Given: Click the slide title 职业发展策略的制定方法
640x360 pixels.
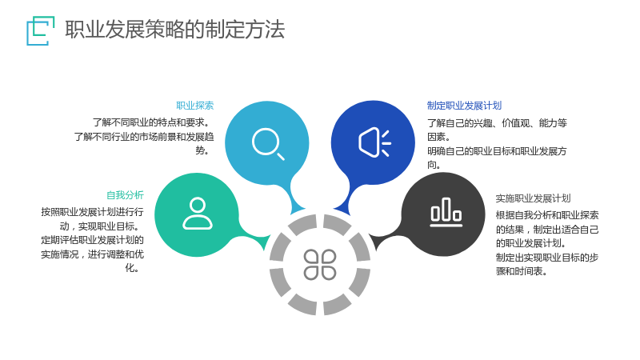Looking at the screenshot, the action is [174, 30].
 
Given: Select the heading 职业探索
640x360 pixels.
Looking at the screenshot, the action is [194, 106].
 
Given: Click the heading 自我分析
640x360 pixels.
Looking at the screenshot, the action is [125, 195].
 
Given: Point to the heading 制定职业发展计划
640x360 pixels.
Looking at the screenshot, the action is [464, 106].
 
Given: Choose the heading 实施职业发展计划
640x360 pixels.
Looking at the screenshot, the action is [533, 198].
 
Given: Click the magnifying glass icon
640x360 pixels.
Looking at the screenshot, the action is [268, 144].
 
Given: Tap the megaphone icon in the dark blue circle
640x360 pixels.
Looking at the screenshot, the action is [374, 142].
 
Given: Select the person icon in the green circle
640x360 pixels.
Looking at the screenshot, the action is [198, 214].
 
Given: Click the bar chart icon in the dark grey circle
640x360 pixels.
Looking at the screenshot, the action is [446, 212].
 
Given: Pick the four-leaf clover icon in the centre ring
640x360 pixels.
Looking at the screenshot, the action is [320, 265].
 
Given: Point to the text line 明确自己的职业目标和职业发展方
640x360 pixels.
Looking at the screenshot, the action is [497, 151].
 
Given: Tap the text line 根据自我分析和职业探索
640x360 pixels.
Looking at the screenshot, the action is [547, 215].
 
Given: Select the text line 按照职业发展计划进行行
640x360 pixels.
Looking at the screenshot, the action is [92, 212].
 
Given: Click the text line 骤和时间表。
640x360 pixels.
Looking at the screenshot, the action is [522, 271].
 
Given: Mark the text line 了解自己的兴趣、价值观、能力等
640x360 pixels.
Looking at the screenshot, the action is [497, 123].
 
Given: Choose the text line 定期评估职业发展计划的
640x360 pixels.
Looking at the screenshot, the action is [92, 240].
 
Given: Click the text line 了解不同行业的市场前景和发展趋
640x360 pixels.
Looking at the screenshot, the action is [144, 137].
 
